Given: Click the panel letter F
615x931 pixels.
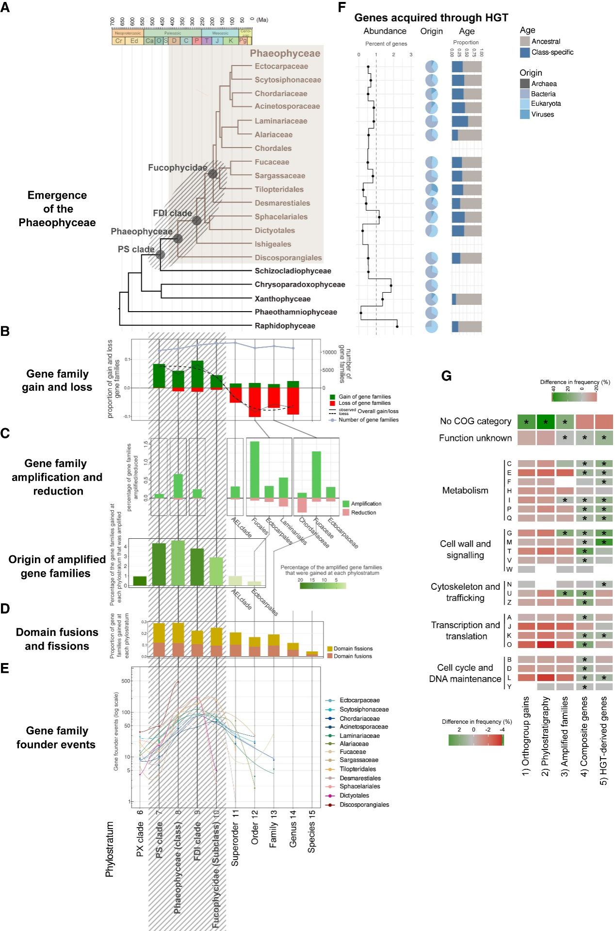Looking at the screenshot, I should pyautogui.click(x=342, y=7).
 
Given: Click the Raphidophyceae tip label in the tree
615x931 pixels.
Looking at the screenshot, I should pyautogui.click(x=285, y=326).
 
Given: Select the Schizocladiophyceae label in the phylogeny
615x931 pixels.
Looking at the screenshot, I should pyautogui.click(x=292, y=271).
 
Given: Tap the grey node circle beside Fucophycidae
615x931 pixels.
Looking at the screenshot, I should pyautogui.click(x=212, y=173).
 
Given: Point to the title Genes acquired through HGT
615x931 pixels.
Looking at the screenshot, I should pyautogui.click(x=431, y=18).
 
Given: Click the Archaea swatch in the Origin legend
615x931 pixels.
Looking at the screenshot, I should pyautogui.click(x=525, y=83).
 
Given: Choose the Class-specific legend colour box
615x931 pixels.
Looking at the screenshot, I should pyautogui.click(x=525, y=52).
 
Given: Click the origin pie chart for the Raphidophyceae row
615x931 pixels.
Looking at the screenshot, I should pyautogui.click(x=431, y=326).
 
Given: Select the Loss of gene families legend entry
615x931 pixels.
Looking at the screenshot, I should pyautogui.click(x=364, y=403).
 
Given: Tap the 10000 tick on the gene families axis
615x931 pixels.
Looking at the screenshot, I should pyautogui.click(x=330, y=352).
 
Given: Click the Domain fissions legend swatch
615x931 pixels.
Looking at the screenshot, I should pyautogui.click(x=330, y=648).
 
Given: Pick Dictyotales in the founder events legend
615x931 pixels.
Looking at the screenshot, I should pyautogui.click(x=354, y=796).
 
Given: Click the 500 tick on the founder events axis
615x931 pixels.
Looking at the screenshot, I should pyautogui.click(x=126, y=681).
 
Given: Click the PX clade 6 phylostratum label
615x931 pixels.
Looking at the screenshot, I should pyautogui.click(x=140, y=832).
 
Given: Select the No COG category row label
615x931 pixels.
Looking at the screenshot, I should pyautogui.click(x=475, y=421).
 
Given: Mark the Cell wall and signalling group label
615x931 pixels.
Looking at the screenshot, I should pyautogui.click(x=465, y=549).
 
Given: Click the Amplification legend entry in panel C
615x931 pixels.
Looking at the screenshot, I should pyautogui.click(x=366, y=504).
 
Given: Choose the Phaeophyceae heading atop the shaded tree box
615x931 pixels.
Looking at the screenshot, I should pyautogui.click(x=285, y=53).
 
